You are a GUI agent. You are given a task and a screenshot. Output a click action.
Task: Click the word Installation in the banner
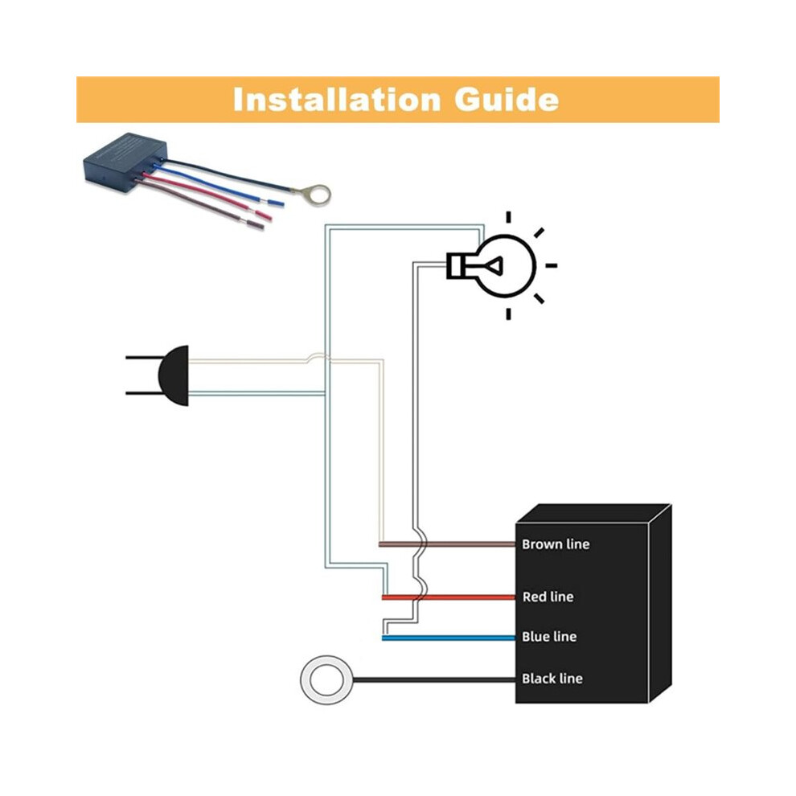tap(337, 100)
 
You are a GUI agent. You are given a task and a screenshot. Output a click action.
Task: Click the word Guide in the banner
tap(507, 100)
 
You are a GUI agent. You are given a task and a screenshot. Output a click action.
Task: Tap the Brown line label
tap(556, 544)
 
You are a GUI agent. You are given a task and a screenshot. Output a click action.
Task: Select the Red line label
tap(548, 597)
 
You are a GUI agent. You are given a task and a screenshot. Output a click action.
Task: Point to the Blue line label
tap(549, 637)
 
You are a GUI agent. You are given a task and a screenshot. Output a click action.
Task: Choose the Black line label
tap(552, 679)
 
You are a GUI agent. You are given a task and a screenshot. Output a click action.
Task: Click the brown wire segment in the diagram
tap(447, 544)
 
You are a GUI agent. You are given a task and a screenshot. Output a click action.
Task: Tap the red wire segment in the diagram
tap(449, 597)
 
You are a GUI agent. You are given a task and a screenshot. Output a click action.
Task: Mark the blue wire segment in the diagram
tap(449, 638)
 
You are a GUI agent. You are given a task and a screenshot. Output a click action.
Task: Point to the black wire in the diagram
tap(434, 679)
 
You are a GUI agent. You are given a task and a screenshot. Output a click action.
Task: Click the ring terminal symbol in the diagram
tap(302, 680)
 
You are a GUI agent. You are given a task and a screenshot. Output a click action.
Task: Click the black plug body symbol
tap(174, 375)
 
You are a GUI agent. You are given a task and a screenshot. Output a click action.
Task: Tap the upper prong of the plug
tap(142, 358)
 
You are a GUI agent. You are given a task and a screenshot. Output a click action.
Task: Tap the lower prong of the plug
tap(142, 393)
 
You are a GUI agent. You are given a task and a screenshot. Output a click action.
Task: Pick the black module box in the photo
tap(125, 163)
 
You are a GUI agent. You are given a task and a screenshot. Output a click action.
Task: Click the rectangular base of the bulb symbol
tap(456, 265)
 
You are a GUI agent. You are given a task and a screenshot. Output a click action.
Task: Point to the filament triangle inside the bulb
tap(494, 265)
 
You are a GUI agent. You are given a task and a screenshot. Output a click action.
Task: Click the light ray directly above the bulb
tap(508, 217)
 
